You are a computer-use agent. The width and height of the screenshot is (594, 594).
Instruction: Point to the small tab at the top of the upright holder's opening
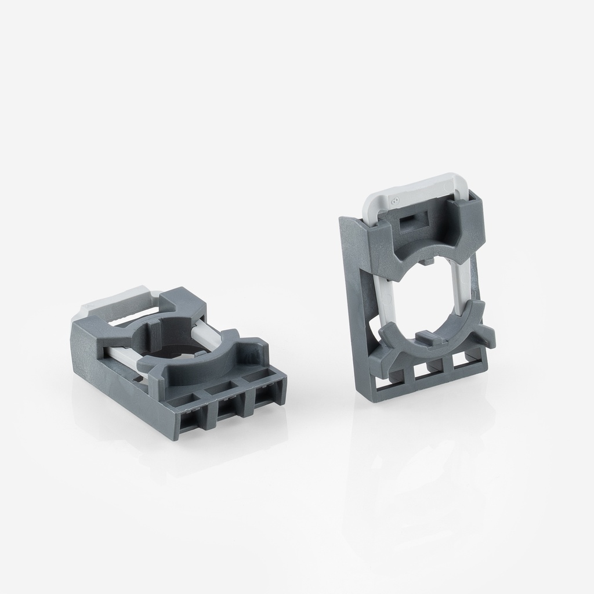[x=426, y=262]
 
